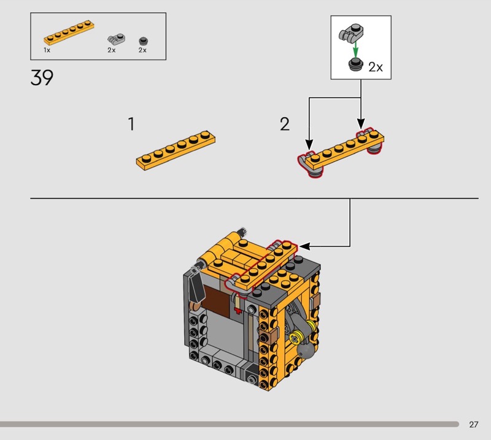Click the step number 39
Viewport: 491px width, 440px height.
(x=42, y=78)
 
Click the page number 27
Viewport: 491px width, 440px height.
(x=473, y=424)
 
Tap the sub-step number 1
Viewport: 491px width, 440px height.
(x=131, y=124)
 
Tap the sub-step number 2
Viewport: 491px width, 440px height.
(x=285, y=124)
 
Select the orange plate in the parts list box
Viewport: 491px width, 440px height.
(x=69, y=33)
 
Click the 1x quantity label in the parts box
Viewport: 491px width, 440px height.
(x=47, y=50)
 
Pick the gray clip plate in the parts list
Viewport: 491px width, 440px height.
(x=116, y=39)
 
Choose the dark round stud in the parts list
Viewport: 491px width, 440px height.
(x=143, y=41)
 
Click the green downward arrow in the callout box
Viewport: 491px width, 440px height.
(x=355, y=50)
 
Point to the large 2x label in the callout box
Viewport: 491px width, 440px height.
(x=376, y=67)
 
